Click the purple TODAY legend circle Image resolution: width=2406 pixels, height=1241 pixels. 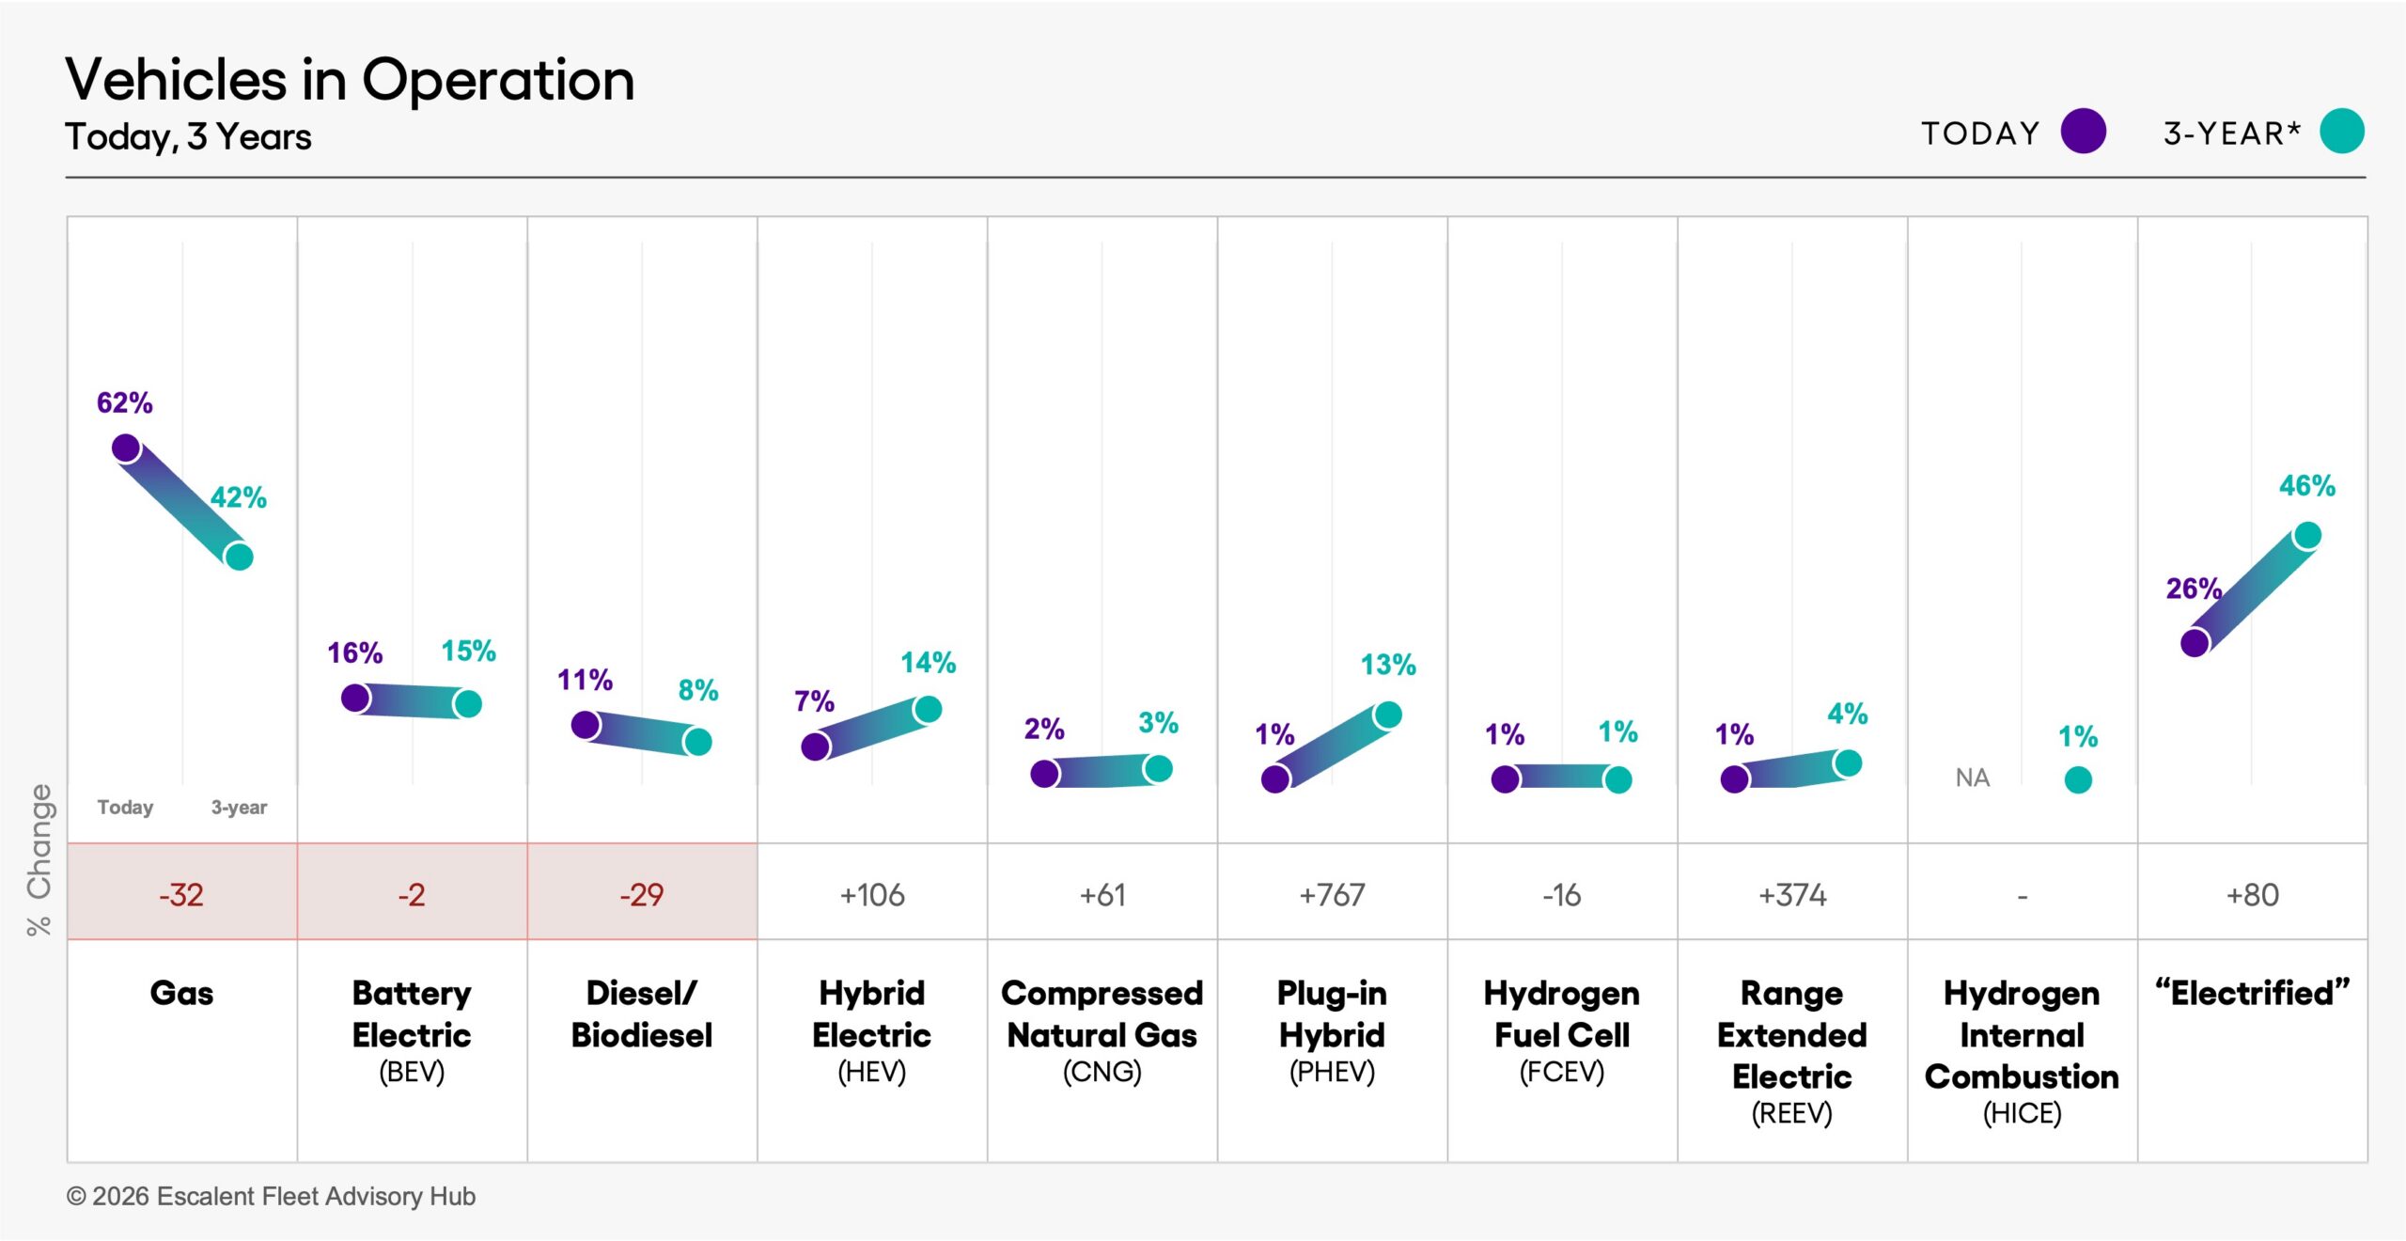tap(2083, 131)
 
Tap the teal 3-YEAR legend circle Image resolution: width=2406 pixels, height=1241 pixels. tap(2341, 131)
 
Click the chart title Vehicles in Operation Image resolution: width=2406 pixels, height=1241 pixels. tap(350, 80)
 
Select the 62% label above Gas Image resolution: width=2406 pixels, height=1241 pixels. tap(124, 402)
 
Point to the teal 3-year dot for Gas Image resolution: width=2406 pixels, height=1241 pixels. tap(240, 557)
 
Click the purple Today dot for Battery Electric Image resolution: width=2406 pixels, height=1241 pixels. tap(355, 698)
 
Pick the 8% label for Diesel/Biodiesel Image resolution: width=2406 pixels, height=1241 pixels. tap(697, 690)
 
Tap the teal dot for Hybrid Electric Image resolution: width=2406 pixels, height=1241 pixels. tap(928, 709)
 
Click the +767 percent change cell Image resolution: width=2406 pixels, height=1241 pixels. tap(1332, 894)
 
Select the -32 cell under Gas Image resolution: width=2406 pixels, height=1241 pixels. tap(181, 894)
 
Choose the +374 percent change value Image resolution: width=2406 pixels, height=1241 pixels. tap(1792, 894)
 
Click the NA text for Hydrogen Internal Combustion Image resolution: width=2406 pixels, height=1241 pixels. tap(1972, 778)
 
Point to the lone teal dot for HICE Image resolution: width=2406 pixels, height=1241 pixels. tap(2078, 779)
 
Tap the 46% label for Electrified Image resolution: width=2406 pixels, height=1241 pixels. tap(2306, 486)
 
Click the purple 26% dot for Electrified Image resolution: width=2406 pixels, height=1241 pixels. tap(2195, 643)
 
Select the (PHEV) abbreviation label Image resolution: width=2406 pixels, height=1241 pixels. tap(1332, 1072)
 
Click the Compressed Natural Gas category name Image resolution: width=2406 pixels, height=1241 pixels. tap(1101, 1013)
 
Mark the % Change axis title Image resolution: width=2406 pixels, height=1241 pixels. tap(39, 860)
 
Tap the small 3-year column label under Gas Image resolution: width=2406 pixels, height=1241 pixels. tap(239, 808)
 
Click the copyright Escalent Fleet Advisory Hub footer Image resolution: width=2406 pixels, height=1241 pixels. tap(271, 1196)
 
